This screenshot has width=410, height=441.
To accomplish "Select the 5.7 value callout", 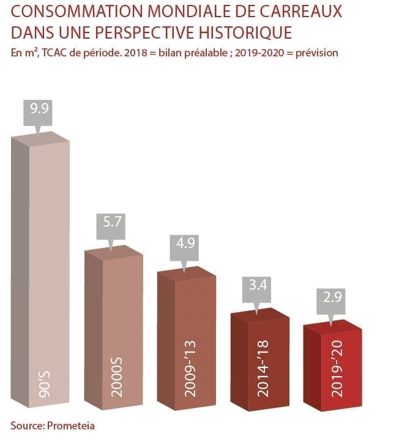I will tap(111, 224).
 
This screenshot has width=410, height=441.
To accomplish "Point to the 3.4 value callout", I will tap(258, 285).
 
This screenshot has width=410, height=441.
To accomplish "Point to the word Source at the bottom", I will tap(26, 425).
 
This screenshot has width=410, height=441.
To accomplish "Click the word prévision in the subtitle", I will tap(317, 53).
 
